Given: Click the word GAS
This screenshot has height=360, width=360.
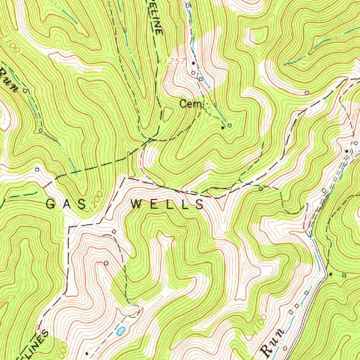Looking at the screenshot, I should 66,204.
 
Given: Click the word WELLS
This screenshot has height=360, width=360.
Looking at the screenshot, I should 167,204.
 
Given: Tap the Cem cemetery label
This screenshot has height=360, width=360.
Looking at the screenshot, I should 186,104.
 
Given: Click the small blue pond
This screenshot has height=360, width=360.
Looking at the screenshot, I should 121,330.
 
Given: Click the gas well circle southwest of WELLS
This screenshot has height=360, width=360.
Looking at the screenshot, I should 106,263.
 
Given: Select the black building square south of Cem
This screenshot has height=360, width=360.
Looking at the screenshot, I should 223,128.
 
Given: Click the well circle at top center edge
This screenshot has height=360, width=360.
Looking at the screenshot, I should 187,5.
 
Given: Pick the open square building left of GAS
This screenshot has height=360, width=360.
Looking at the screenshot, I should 37,169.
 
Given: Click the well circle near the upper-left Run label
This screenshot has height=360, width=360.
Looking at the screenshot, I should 25,90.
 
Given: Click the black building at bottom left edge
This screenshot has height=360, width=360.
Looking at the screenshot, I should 87,353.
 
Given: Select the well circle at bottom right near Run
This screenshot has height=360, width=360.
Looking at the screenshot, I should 285,348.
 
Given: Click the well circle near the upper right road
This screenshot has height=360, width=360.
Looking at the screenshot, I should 307,93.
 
